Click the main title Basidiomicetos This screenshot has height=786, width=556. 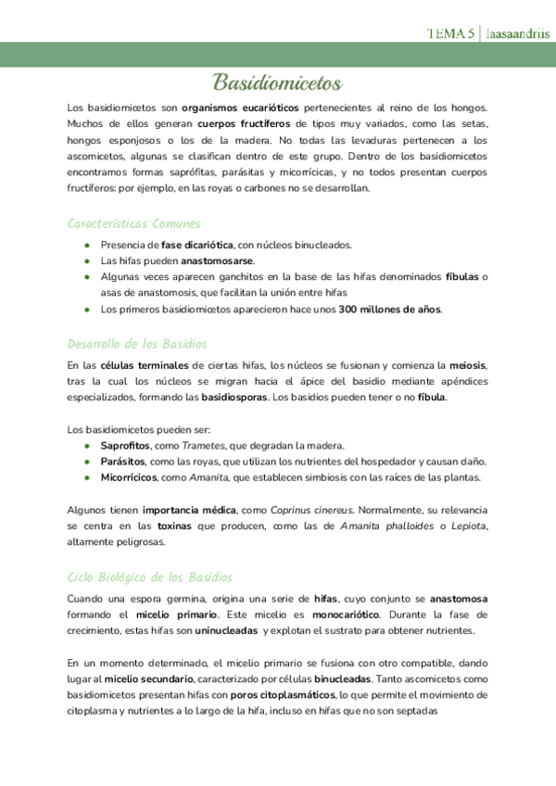tap(278, 83)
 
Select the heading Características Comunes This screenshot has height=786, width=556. tap(133, 223)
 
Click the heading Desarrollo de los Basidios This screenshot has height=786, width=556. tap(137, 344)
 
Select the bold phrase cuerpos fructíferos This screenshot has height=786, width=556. tap(244, 123)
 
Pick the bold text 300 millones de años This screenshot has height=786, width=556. tap(390, 309)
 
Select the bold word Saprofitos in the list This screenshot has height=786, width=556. tap(125, 445)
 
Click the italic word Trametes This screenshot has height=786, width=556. tap(202, 445)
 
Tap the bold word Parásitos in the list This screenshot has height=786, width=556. tap(123, 462)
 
